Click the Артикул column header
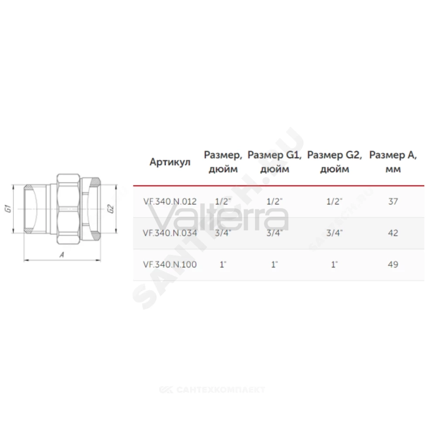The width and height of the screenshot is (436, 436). [x=170, y=162]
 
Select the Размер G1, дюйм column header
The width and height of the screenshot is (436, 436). [x=274, y=162]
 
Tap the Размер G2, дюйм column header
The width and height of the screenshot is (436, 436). [x=334, y=162]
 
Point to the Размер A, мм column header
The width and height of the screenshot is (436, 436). [x=393, y=162]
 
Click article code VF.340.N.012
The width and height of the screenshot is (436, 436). [x=170, y=201]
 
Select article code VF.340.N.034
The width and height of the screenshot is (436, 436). [x=170, y=233]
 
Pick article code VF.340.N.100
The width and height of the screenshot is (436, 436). [x=170, y=264]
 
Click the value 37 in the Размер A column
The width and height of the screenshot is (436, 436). [x=393, y=201]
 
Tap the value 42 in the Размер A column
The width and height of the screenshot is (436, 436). [x=393, y=233]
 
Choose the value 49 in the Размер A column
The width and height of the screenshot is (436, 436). [x=393, y=264]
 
